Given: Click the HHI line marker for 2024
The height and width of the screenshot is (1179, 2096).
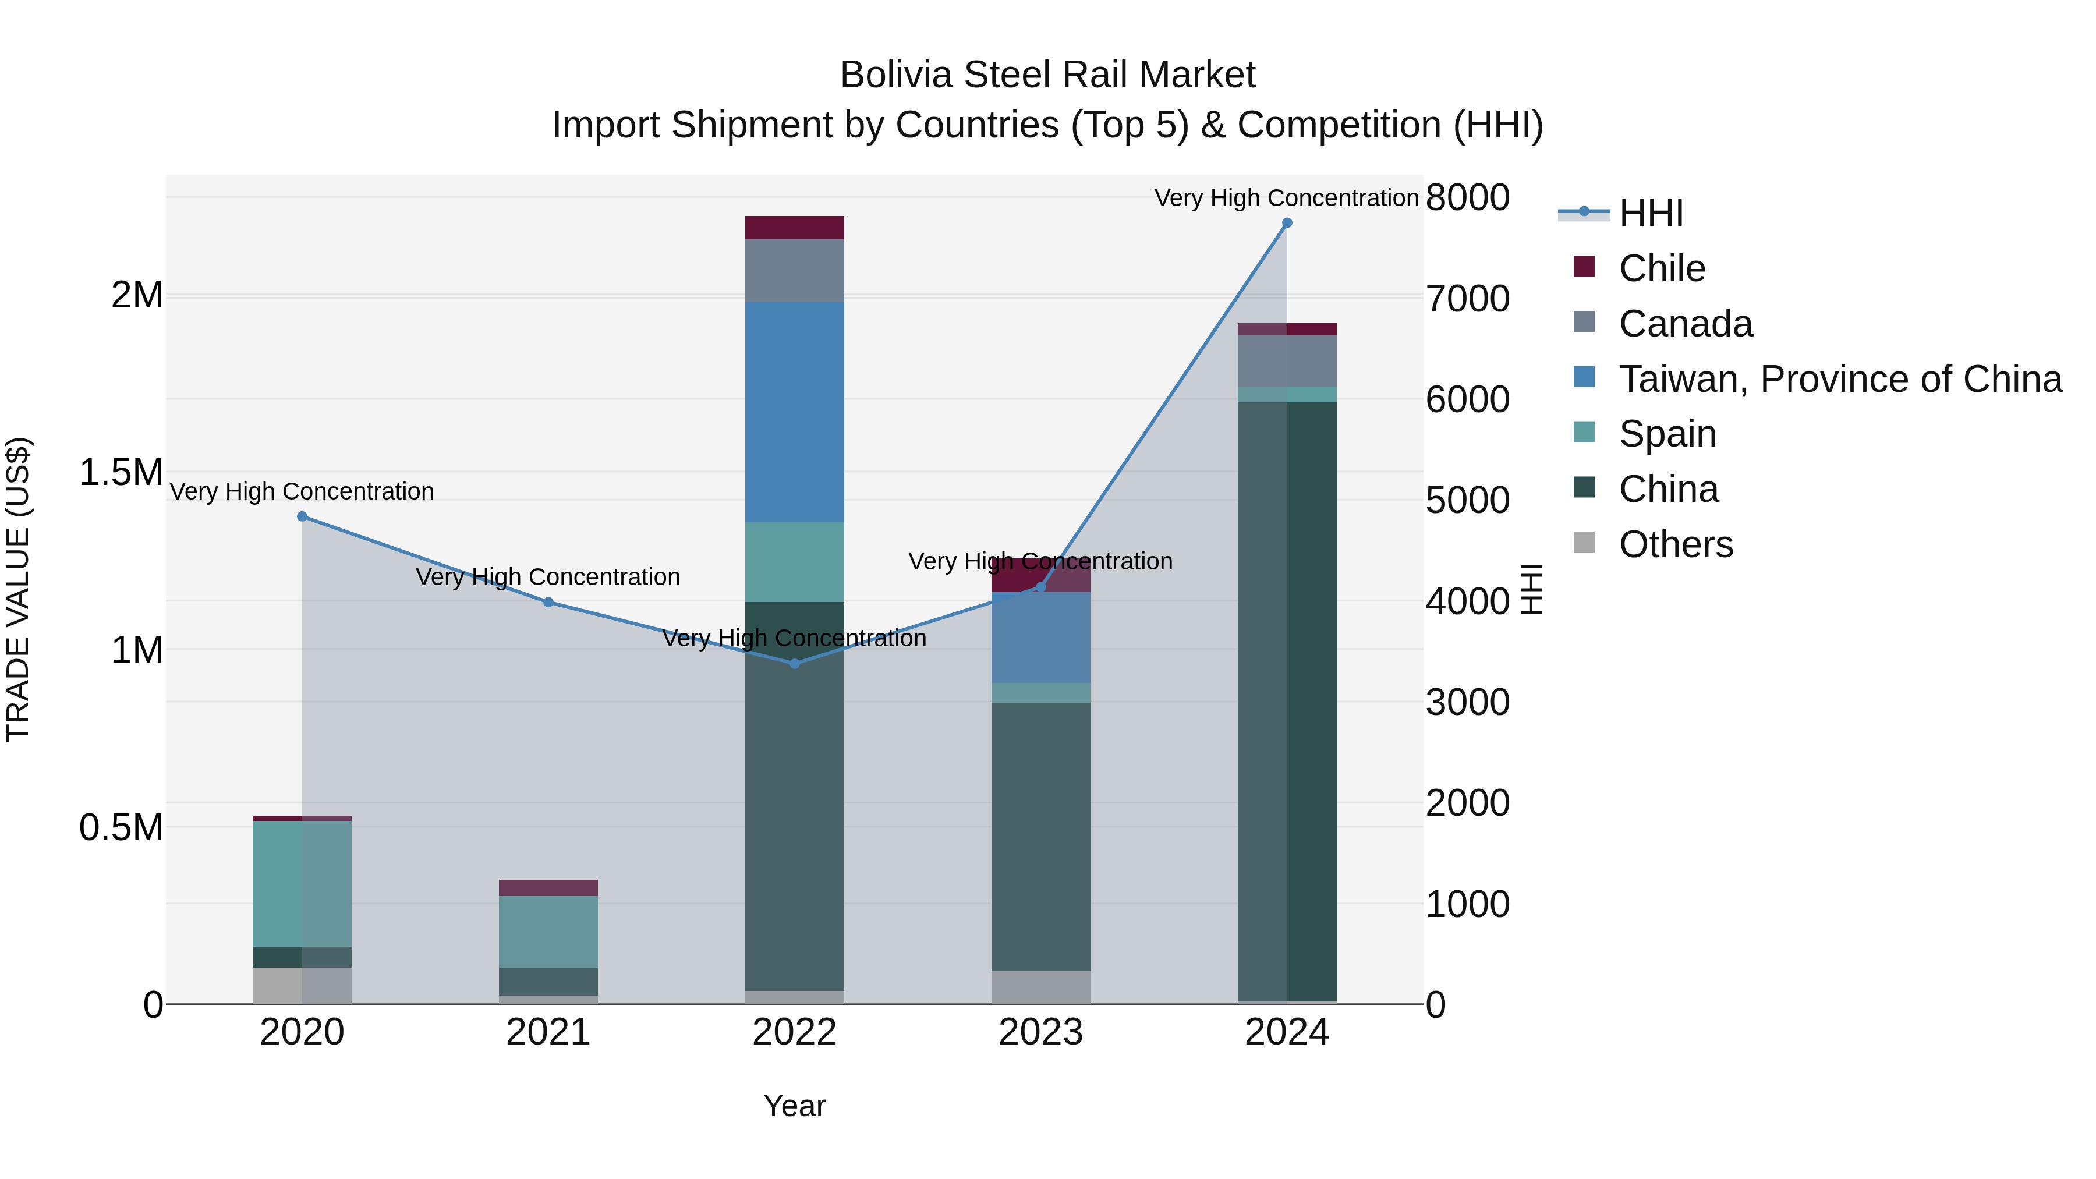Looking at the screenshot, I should tap(1286, 223).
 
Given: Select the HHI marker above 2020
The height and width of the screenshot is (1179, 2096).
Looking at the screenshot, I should tap(302, 516).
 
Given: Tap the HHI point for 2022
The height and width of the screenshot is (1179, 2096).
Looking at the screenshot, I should tap(795, 664).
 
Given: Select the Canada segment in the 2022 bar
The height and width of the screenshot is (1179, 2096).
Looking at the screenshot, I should tap(794, 270).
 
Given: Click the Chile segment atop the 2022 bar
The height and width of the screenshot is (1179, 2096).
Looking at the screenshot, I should tap(794, 228).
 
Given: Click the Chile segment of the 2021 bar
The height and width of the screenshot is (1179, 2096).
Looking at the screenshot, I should tap(548, 888).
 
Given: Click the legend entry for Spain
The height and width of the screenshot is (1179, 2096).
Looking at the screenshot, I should tap(1667, 434).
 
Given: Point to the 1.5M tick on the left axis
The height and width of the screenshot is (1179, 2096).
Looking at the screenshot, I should tap(121, 473).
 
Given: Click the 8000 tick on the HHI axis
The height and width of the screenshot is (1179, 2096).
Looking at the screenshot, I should tap(1467, 198).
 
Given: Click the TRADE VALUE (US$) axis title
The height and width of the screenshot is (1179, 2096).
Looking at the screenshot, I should tap(18, 589).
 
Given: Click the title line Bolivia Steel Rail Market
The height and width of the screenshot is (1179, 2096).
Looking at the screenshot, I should tap(1047, 75).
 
